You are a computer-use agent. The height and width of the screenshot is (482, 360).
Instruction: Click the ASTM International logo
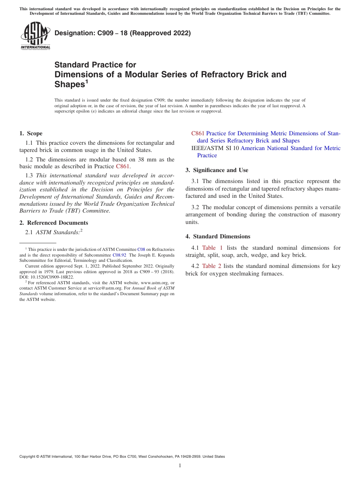pos(35,36)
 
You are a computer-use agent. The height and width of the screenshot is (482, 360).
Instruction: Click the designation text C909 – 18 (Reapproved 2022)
pos(122,33)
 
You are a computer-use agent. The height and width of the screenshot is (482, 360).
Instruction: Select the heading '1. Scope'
pos(31,133)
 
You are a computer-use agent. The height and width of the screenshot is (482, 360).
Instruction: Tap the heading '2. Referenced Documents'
pos(53,223)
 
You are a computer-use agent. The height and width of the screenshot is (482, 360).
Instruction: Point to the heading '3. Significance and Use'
pos(217,170)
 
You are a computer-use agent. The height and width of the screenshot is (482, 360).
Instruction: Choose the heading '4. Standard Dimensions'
pos(218,236)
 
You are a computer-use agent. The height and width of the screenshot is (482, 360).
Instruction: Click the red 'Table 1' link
pos(213,248)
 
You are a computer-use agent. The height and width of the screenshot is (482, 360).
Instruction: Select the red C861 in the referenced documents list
pos(198,133)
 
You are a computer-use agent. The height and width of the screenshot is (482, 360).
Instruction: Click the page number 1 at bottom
pos(180,466)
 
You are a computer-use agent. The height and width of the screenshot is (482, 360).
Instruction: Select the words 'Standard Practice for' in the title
pos(95,65)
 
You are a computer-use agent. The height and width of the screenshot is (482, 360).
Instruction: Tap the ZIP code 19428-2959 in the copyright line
pos(185,457)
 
